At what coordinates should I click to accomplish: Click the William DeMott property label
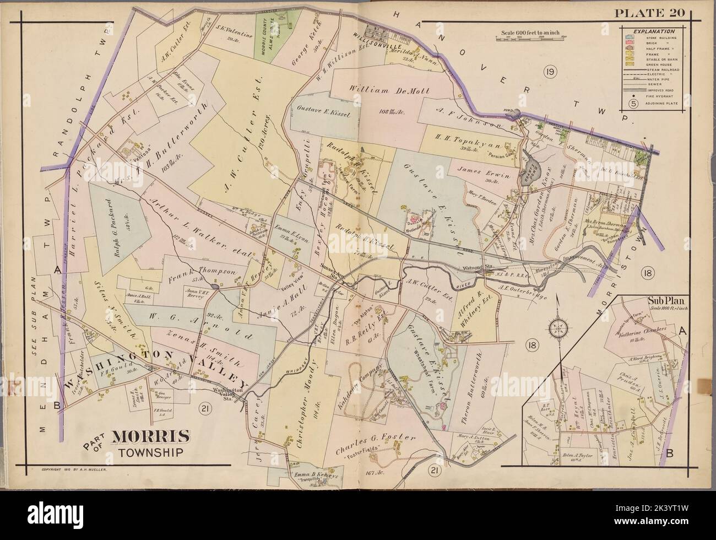pyautogui.click(x=383, y=90)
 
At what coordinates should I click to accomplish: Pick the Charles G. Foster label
pyautogui.click(x=375, y=438)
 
